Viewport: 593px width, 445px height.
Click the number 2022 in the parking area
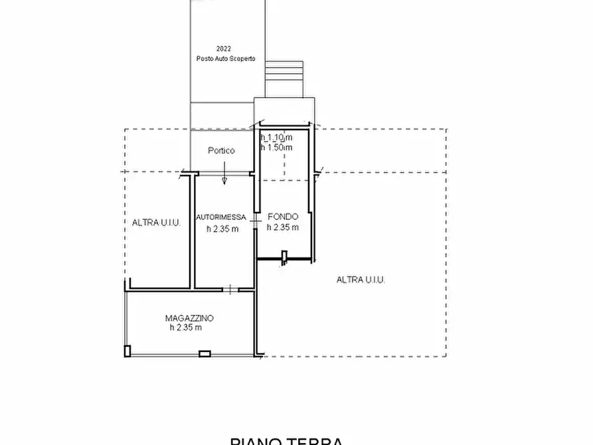223,49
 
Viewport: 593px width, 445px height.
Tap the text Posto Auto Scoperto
226,58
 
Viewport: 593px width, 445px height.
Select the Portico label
221,151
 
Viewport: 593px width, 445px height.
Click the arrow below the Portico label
224,177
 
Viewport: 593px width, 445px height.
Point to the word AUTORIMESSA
221,217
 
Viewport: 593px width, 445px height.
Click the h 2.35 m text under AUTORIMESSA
222,229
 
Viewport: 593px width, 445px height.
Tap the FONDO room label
283,217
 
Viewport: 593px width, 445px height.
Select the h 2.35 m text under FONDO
283,227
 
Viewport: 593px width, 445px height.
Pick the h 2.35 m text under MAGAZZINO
185,327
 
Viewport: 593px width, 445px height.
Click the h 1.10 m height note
276,137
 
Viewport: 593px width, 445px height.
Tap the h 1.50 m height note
276,147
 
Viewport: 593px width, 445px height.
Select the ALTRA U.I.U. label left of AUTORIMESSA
156,223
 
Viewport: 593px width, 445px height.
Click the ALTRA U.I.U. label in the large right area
361,280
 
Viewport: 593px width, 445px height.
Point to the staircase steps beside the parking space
284,69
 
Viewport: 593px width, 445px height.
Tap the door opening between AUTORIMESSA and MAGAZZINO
230,289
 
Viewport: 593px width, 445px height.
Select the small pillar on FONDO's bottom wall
284,256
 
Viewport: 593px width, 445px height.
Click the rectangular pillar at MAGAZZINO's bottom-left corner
127,350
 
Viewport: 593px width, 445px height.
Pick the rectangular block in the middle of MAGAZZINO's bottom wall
205,353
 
